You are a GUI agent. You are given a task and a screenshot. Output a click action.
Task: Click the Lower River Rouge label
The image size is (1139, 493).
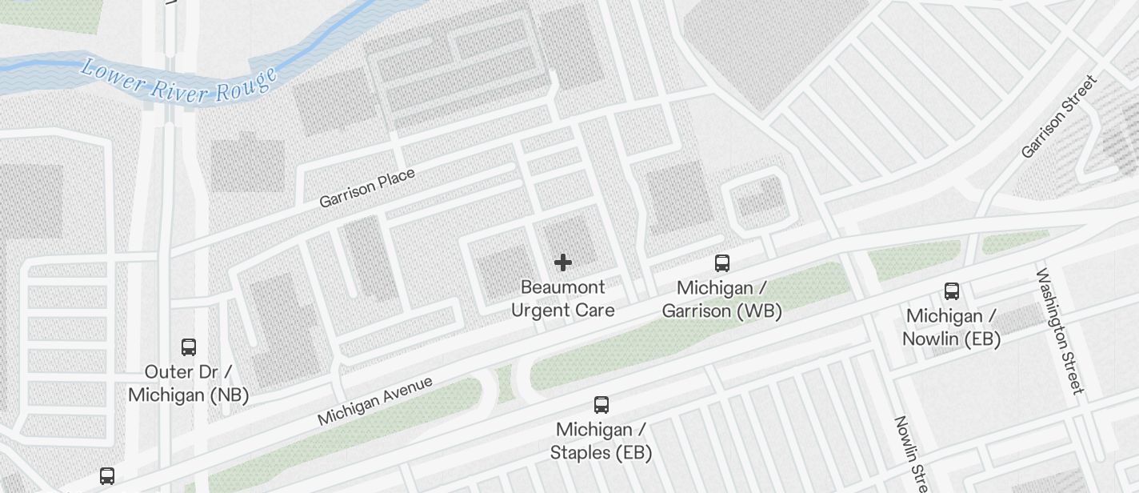click(179, 81)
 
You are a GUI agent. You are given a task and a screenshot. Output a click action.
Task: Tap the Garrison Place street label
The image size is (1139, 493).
click(367, 188)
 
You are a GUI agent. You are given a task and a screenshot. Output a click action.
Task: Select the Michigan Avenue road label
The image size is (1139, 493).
click(375, 401)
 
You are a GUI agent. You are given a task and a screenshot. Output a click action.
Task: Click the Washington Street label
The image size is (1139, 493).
click(1060, 331)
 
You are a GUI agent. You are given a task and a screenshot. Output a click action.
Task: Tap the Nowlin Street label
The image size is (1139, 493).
click(911, 454)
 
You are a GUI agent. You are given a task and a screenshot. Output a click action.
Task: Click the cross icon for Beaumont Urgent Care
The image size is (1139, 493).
click(563, 263)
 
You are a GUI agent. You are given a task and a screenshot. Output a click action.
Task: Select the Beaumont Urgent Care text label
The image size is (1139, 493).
click(563, 299)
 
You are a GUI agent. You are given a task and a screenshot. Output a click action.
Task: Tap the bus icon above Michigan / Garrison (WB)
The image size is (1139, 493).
click(722, 263)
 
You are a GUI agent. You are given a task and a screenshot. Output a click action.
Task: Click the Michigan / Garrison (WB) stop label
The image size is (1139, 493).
click(721, 299)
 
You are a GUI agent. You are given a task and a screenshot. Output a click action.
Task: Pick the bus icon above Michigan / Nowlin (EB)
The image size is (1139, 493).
click(952, 291)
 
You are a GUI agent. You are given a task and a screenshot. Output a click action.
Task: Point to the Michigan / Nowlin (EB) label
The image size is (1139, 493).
click(951, 327)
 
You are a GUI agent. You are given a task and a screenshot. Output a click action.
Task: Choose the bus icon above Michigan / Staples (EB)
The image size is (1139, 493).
click(601, 405)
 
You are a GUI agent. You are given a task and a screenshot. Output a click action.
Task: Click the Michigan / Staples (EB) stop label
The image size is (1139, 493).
click(601, 441)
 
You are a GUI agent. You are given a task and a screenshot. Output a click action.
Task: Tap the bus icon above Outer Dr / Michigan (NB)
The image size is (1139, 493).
click(189, 347)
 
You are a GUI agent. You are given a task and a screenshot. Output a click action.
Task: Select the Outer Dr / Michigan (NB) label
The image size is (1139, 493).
click(188, 383)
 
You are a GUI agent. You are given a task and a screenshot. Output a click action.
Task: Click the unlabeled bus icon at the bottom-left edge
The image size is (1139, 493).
click(107, 476)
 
